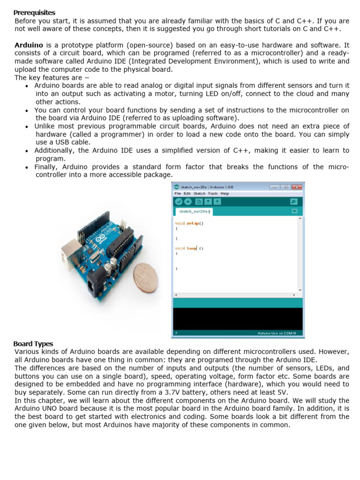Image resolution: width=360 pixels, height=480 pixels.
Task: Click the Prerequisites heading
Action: (34, 13)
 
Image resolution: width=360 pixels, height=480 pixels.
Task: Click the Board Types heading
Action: (33, 344)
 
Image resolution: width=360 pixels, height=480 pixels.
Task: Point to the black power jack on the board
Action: (96, 285)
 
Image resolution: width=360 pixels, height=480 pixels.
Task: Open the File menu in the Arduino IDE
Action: (178, 193)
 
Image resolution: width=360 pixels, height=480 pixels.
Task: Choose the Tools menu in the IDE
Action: (212, 193)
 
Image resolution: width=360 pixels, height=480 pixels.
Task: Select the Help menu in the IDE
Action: (225, 193)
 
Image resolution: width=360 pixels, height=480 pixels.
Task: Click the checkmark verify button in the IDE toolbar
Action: (178, 202)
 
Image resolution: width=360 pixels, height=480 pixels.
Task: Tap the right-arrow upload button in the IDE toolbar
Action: (187, 202)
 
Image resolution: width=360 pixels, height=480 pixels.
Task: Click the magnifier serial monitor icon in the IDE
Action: (294, 202)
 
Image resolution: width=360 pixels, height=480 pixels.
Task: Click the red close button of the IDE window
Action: (296, 187)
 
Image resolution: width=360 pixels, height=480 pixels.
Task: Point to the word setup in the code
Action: (193, 224)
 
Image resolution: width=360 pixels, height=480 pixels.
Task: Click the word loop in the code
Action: (192, 248)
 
